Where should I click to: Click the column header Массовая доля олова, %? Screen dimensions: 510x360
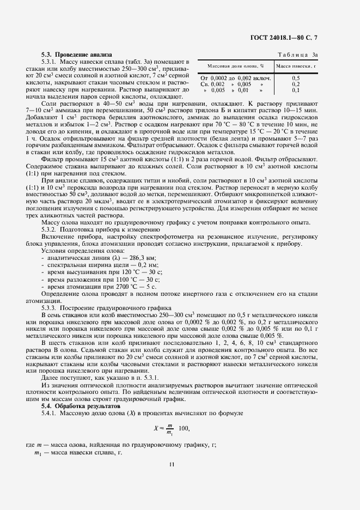coord(235,66)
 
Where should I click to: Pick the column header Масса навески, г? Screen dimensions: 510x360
coord(296,66)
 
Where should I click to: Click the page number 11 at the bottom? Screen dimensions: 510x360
coord(172,465)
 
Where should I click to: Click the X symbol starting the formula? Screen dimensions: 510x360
coord(155,428)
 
